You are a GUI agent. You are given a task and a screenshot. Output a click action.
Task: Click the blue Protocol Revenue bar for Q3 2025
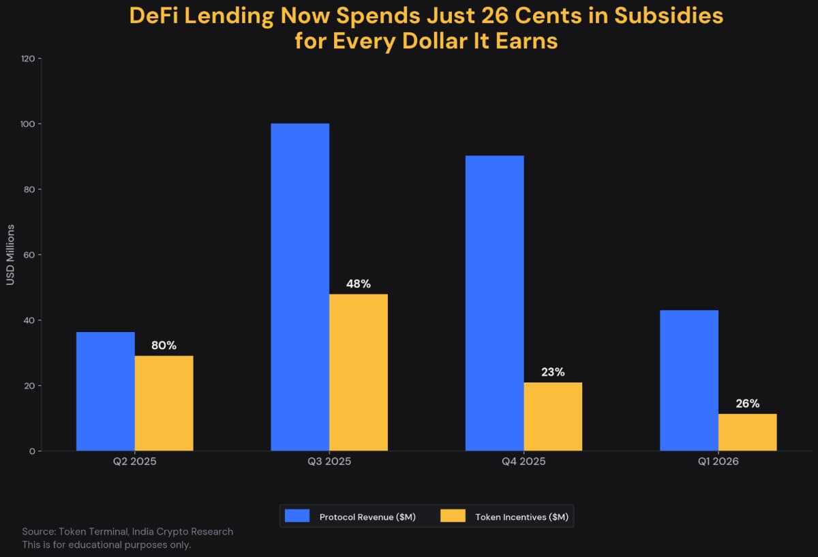pyautogui.click(x=300, y=286)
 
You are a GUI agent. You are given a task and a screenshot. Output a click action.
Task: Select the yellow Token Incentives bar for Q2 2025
pyautogui.click(x=164, y=403)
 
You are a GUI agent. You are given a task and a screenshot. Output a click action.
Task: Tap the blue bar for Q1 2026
pyautogui.click(x=689, y=380)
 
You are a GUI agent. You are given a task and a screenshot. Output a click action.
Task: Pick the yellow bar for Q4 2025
pyautogui.click(x=553, y=417)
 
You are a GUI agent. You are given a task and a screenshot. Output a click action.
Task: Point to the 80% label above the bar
pyautogui.click(x=164, y=346)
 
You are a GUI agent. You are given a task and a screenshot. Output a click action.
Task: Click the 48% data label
pyautogui.click(x=359, y=284)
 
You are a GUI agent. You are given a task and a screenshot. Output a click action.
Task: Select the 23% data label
pyautogui.click(x=553, y=372)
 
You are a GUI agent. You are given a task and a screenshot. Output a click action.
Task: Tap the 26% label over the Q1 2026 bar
pyautogui.click(x=747, y=404)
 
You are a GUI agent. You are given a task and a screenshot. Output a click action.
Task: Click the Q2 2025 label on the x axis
pyautogui.click(x=135, y=462)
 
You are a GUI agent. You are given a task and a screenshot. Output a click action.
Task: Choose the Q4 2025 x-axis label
pyautogui.click(x=524, y=462)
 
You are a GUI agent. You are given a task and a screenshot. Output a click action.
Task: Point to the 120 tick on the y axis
pyautogui.click(x=28, y=59)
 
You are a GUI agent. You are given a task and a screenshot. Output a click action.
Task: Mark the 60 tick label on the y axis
pyautogui.click(x=30, y=255)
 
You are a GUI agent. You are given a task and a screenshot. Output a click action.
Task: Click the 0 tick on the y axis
pyautogui.click(x=32, y=451)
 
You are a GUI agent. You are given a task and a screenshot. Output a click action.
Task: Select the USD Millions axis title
pyautogui.click(x=10, y=255)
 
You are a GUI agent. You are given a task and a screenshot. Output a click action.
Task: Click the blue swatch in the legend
pyautogui.click(x=297, y=516)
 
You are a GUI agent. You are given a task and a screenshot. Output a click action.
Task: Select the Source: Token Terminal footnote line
pyautogui.click(x=127, y=532)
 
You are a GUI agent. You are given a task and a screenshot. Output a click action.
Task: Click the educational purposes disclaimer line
pyautogui.click(x=106, y=545)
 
